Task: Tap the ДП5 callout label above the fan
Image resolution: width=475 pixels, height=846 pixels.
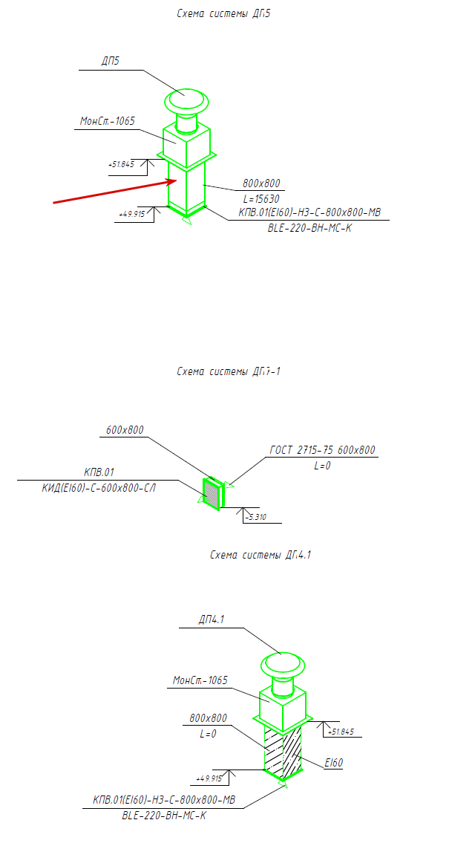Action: click(111, 61)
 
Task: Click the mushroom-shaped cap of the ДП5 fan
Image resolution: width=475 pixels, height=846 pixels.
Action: click(187, 99)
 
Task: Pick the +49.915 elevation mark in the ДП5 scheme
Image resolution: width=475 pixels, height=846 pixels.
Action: click(132, 214)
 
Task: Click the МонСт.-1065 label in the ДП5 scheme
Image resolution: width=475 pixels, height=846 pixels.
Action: click(108, 120)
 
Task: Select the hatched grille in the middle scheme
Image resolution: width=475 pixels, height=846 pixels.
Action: click(212, 492)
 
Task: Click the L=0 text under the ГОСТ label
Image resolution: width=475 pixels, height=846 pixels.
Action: click(321, 466)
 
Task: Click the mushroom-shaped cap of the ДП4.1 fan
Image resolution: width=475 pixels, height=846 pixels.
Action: click(282, 663)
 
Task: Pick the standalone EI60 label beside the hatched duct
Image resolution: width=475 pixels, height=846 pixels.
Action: click(333, 762)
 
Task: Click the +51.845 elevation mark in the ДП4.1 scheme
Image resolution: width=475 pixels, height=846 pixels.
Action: click(341, 732)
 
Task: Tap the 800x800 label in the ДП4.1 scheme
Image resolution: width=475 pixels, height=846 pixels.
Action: click(209, 718)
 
